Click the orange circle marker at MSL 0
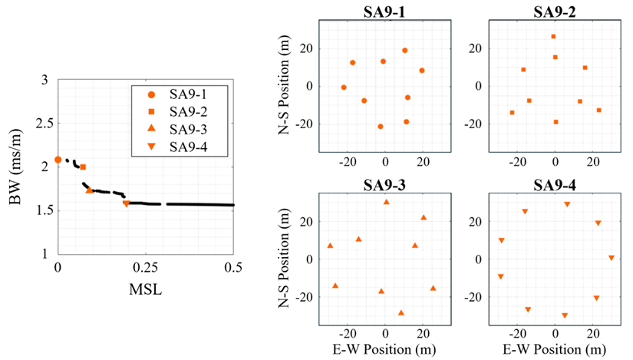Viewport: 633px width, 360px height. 58,160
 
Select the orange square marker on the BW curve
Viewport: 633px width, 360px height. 83,167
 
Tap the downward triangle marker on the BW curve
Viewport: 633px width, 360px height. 126,203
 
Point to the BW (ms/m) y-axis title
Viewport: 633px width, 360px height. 15,167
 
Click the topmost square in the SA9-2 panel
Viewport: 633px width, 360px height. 553,36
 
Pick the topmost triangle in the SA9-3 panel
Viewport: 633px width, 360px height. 386,202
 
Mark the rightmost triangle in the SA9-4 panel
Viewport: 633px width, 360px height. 612,258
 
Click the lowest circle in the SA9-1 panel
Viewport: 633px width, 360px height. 380,127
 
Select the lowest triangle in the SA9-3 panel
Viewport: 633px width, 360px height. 401,312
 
